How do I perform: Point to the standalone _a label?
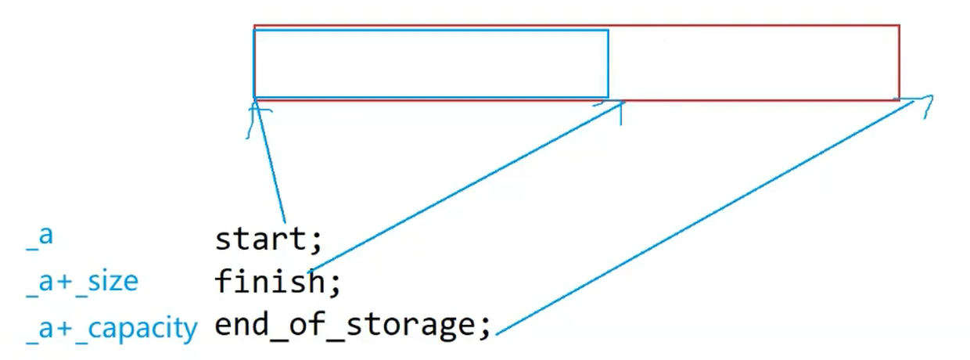pos(39,236)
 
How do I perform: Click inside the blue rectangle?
pos(430,63)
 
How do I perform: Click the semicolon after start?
pos(316,241)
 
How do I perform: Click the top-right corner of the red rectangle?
pos(899,26)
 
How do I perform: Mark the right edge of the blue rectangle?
pos(608,63)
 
